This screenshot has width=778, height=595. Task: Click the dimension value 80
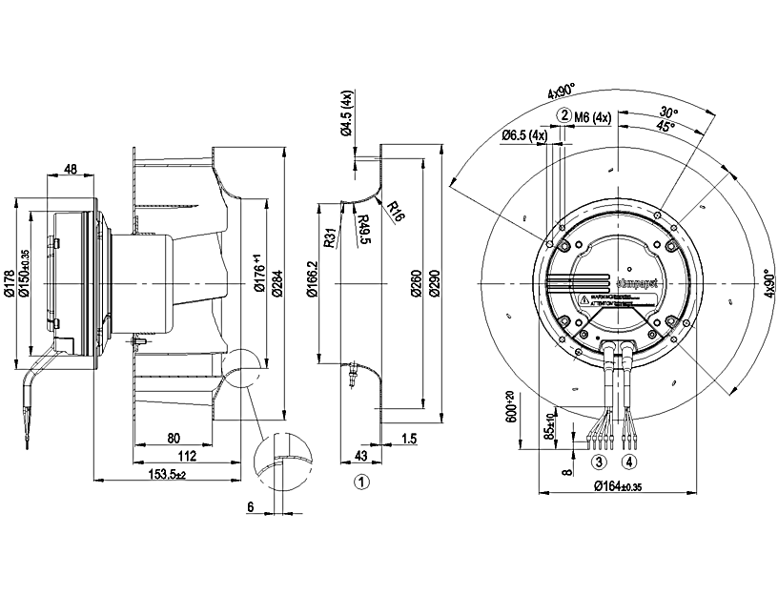coord(174,440)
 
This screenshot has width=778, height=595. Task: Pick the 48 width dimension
coord(71,170)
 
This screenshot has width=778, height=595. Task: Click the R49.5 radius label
coord(363,230)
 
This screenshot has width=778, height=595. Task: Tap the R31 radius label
coord(328,238)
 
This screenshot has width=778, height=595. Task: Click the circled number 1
coord(361,482)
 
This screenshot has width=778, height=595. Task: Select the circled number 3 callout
coord(600,462)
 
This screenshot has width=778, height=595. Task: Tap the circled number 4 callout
coord(629,462)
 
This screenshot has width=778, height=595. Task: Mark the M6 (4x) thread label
coord(592,117)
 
